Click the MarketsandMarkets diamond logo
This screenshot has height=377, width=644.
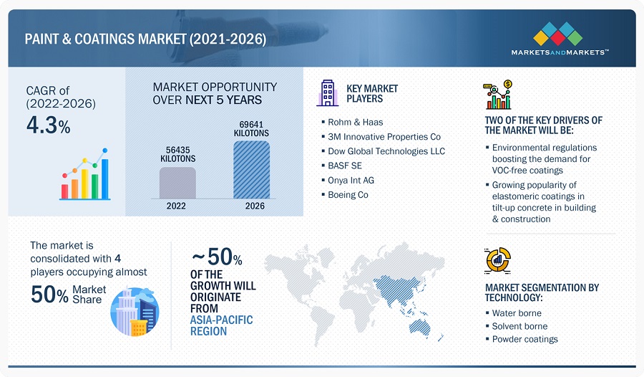pyautogui.click(x=557, y=34)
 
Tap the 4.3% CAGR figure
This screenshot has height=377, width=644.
pyautogui.click(x=49, y=125)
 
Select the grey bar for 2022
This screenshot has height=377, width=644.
pyautogui.click(x=177, y=183)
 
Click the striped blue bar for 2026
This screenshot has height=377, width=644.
pyautogui.click(x=251, y=170)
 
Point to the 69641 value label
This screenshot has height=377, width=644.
pyautogui.click(x=251, y=124)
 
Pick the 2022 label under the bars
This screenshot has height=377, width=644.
pyautogui.click(x=176, y=206)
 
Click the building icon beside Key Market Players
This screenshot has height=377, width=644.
pyautogui.click(x=327, y=93)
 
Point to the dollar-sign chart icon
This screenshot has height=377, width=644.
pyautogui.click(x=498, y=95)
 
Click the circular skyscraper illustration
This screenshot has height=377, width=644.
pyautogui.click(x=135, y=312)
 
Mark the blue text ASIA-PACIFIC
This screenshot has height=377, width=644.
pyautogui.click(x=221, y=320)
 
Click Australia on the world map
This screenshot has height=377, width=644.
pyautogui.click(x=420, y=328)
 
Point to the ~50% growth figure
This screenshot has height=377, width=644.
pyautogui.click(x=217, y=257)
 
